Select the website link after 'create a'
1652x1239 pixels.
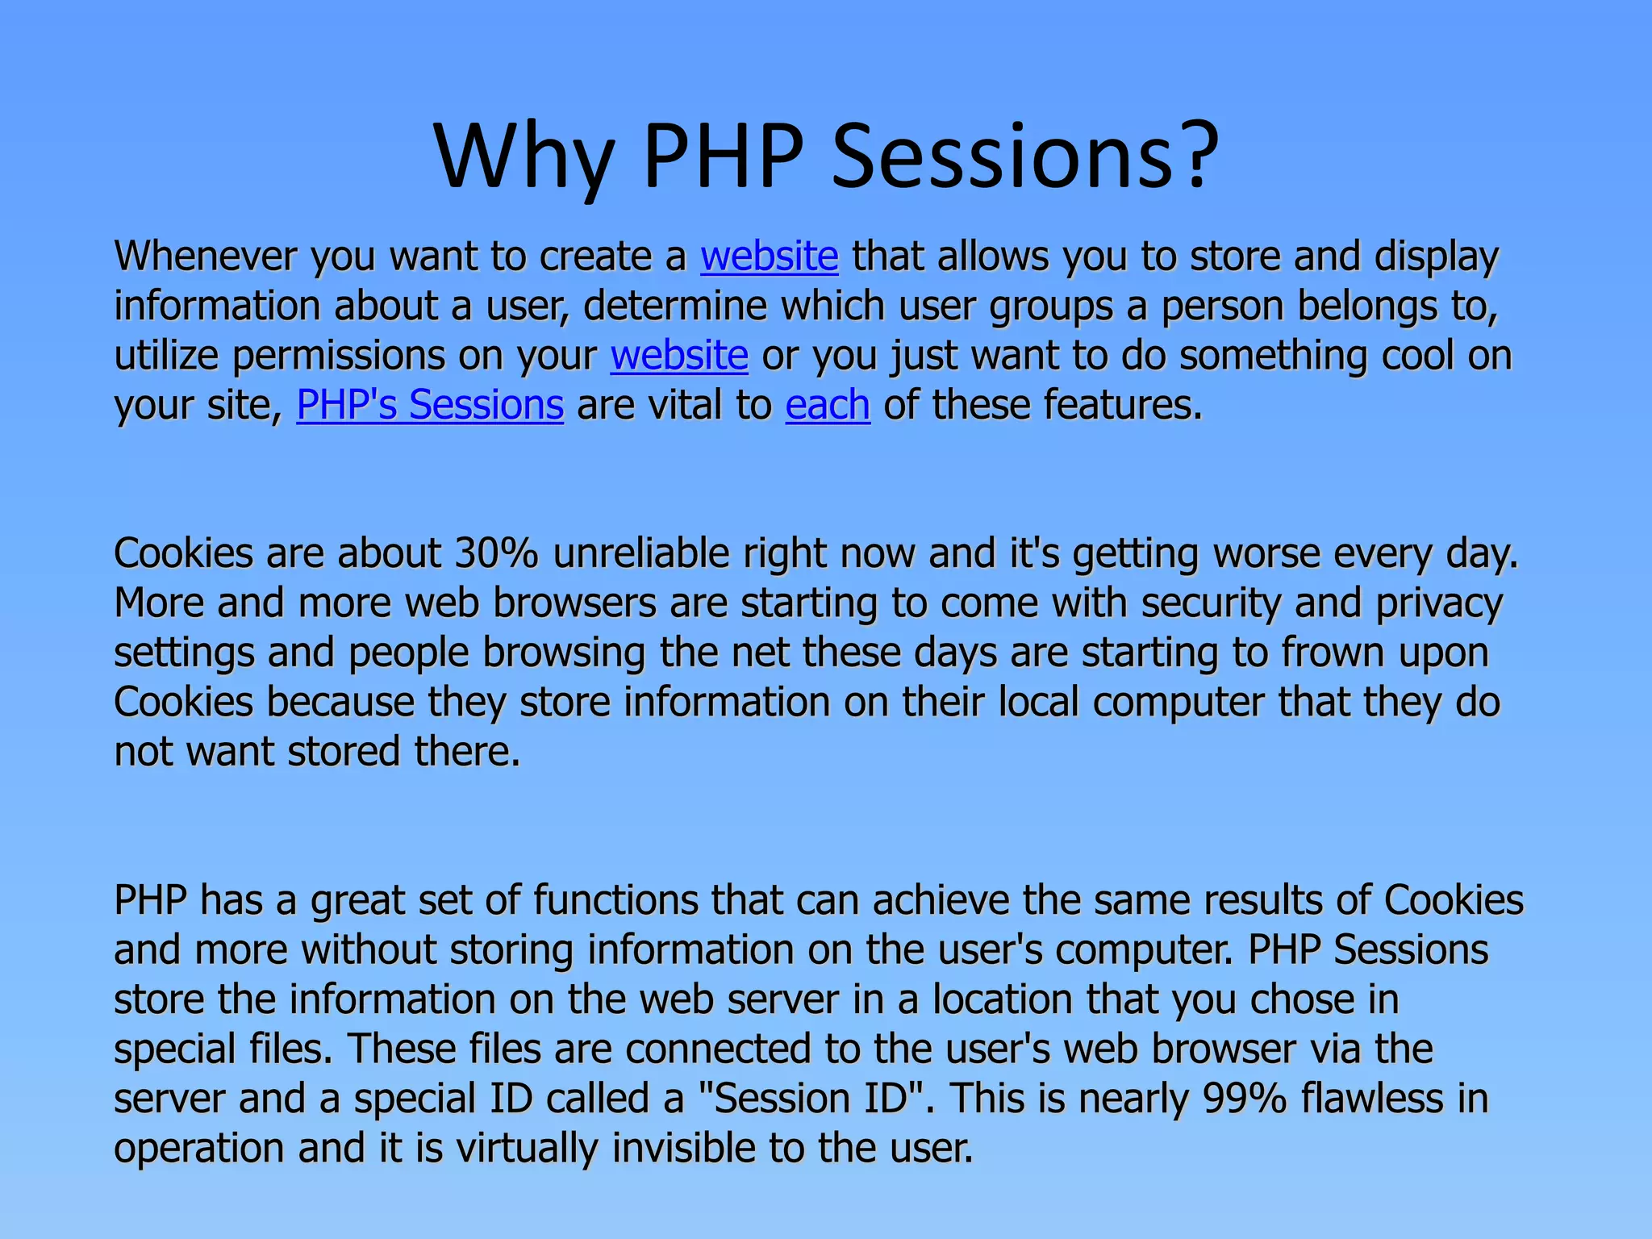pos(769,257)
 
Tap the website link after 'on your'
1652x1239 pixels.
pos(679,356)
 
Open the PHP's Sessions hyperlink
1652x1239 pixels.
pos(429,405)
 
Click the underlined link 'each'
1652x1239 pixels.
pos(828,405)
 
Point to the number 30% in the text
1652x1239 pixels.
pos(495,554)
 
